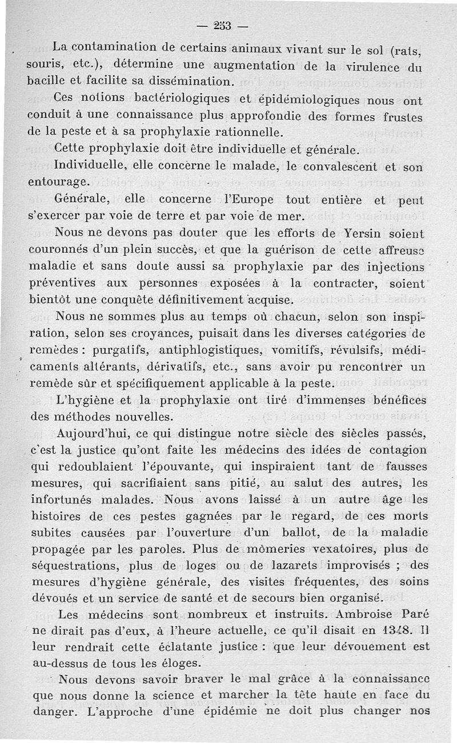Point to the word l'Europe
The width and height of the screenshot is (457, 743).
[x=232, y=200]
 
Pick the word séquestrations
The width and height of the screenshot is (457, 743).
[x=71, y=566]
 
